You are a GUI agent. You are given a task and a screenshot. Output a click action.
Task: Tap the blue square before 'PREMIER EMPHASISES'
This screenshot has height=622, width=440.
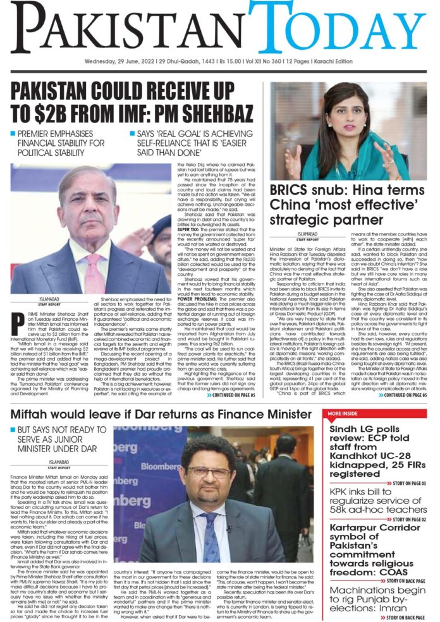[x=14, y=134]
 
